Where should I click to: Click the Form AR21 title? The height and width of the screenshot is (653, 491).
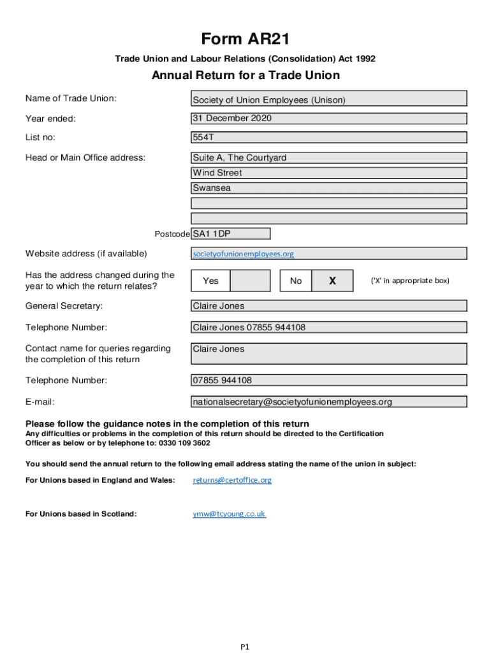[246, 40]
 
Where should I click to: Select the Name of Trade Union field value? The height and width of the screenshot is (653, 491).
[329, 99]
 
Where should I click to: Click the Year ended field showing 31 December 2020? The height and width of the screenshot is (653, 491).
[329, 119]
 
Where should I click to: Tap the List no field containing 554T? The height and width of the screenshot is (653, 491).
[329, 137]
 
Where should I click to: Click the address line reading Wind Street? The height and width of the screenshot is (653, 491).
[329, 173]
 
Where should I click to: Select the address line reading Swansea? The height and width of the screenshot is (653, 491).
[329, 188]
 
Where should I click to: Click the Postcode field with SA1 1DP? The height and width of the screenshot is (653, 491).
[231, 234]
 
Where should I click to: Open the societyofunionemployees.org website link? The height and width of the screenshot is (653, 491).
[244, 254]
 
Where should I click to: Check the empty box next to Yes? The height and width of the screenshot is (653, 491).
[249, 281]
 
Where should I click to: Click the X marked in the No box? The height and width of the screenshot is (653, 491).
[332, 281]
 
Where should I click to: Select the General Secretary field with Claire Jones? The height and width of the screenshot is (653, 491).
[329, 306]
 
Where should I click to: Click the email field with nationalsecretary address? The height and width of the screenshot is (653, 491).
[329, 402]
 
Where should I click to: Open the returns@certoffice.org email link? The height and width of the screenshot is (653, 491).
[232, 480]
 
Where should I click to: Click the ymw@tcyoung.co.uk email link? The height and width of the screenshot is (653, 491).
[230, 513]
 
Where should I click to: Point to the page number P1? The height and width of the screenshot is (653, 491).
[245, 647]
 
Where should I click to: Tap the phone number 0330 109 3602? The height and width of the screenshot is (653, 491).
[189, 443]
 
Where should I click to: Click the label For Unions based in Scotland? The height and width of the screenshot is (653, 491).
[81, 513]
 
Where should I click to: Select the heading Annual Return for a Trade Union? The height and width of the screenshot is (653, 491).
[246, 76]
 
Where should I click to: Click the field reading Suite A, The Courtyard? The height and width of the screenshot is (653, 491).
[329, 158]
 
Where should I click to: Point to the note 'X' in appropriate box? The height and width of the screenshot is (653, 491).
[410, 281]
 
